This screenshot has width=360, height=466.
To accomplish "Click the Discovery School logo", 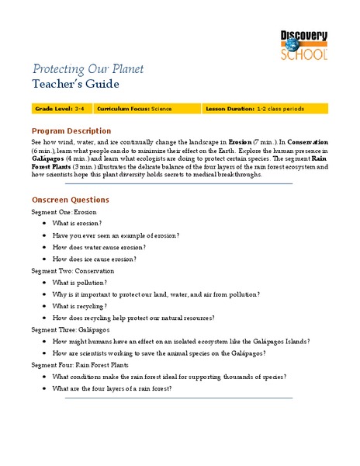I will coord(305,41).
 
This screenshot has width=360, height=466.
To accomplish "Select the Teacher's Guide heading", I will coord(75,84).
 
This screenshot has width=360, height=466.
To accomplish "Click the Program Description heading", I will coord(71,130).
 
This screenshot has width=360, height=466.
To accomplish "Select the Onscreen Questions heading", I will coord(70,200).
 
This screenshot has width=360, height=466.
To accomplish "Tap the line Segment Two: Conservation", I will coord(72,271).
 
